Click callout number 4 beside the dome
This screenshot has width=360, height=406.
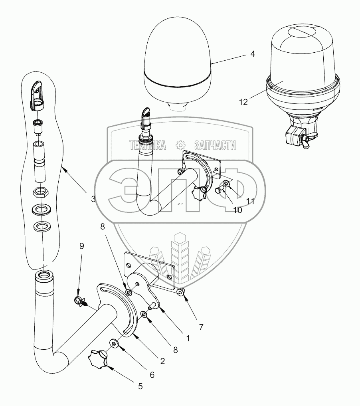tap(253, 53)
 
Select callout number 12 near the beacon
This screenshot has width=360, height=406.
tap(243, 102)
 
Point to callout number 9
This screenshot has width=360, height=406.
tap(81, 246)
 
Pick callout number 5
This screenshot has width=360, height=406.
tap(140, 386)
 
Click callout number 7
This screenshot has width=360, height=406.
tap(201, 327)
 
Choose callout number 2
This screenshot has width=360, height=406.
tap(162, 361)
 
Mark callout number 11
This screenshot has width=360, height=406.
tap(250, 201)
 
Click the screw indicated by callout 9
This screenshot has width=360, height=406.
tap(80, 301)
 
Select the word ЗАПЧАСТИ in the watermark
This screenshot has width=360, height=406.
tap(215, 146)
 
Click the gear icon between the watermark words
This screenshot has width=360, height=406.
tap(180, 145)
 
